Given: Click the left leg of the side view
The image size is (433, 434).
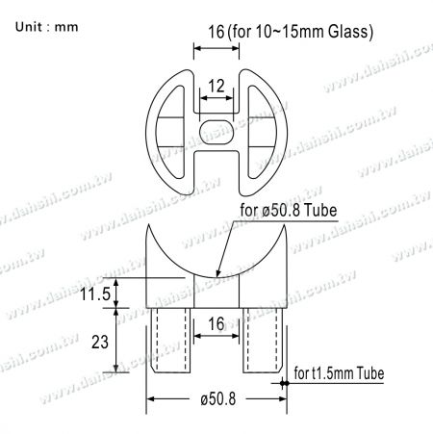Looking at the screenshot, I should click(170, 342).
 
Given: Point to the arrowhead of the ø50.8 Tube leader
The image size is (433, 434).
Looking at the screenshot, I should click(217, 276).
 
